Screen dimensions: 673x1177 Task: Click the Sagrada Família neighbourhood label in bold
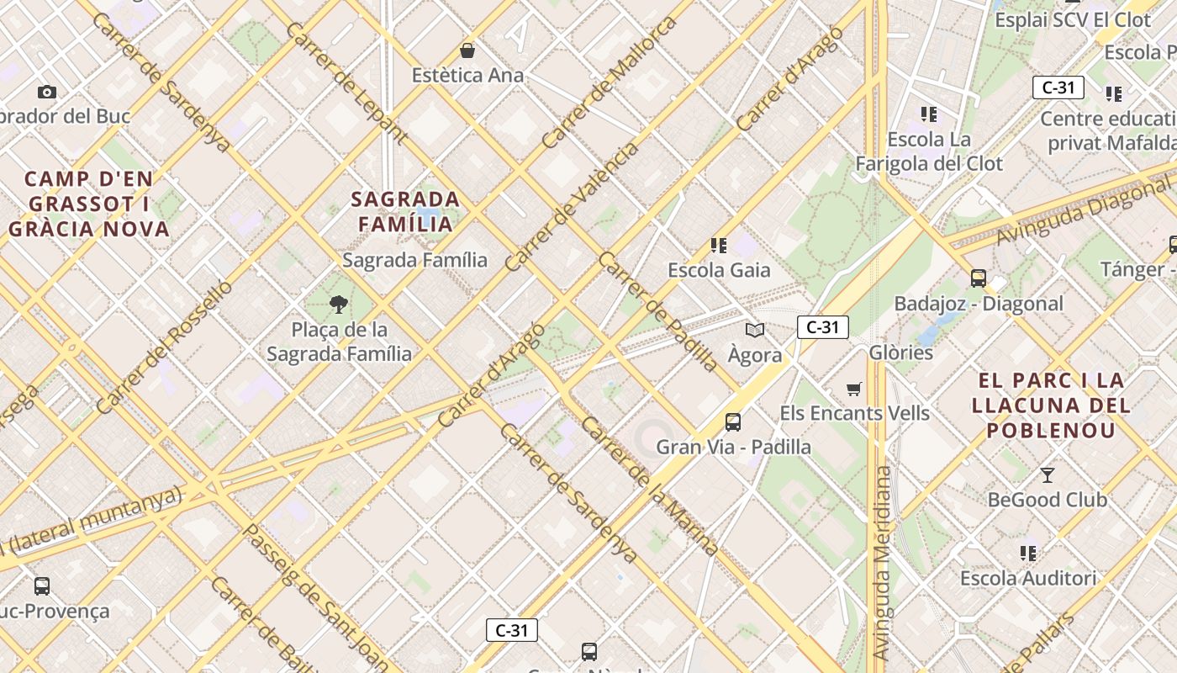pos(405,211)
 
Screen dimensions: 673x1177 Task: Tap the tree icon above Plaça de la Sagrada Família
pos(340,305)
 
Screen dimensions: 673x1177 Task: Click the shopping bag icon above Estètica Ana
pos(467,50)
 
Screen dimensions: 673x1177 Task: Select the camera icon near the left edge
pos(47,92)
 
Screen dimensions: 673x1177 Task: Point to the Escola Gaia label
pos(719,270)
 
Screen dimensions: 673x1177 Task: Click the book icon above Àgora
pos(755,330)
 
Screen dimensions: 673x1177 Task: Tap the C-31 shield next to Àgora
pos(822,327)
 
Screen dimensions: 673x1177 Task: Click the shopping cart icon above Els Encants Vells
pos(854,388)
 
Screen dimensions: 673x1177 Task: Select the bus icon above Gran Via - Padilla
pos(733,421)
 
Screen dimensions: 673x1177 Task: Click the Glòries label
pos(901,352)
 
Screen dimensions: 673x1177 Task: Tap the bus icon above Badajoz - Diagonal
pos(978,278)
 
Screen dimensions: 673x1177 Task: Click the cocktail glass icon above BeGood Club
pos(1047,475)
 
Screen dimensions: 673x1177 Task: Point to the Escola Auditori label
pos(1028,578)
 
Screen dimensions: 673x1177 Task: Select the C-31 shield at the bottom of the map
pos(511,630)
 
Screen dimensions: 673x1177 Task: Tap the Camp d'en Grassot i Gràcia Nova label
pos(89,204)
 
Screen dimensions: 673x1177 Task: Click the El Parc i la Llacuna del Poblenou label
pos(1051,405)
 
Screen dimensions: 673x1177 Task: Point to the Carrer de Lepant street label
pos(346,82)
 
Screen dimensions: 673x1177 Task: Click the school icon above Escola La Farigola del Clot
pos(929,114)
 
